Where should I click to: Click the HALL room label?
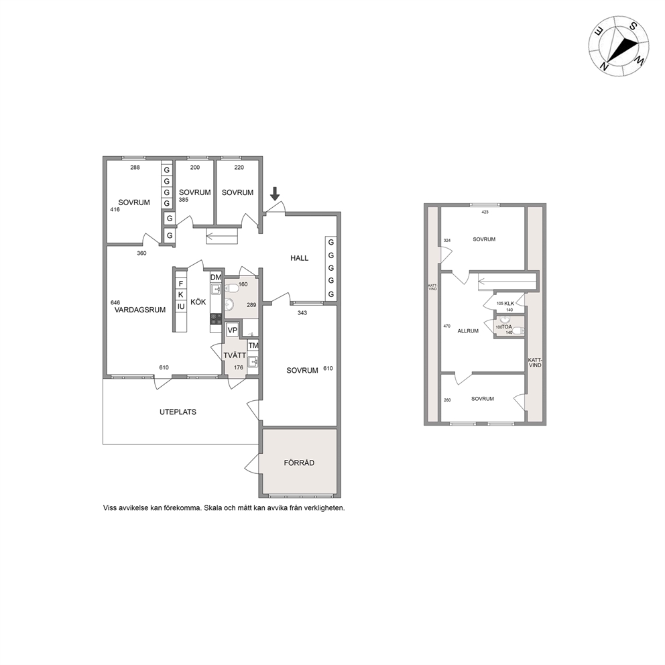coord(299,258)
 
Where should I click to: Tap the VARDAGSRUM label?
coord(140,310)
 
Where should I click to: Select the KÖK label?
coord(198,302)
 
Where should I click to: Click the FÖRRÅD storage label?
coord(299,463)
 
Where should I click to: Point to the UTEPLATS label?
coord(178,412)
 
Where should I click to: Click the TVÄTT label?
coord(235,355)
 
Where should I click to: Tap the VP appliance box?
coord(232,330)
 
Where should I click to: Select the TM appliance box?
coord(253,346)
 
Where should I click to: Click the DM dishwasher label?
coord(216,278)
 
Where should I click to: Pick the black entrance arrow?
coord(275,194)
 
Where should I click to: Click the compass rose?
coord(618,46)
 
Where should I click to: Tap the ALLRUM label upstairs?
coord(468,330)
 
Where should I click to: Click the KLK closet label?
coord(509,304)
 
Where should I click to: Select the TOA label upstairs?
coord(507,327)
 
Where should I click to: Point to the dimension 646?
coord(115,303)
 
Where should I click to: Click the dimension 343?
coord(302,313)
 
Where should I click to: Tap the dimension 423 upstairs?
coord(485,212)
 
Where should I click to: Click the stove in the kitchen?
coord(216,319)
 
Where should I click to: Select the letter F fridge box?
coord(181,284)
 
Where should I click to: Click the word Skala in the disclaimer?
coord(213,508)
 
